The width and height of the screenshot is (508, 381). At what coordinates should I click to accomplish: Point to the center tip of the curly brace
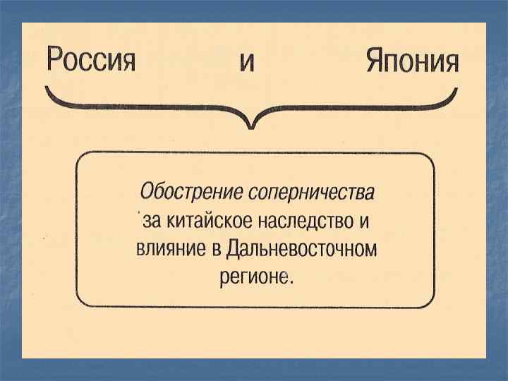pos(250,128)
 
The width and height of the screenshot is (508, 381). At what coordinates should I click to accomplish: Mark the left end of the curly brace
pos(47,90)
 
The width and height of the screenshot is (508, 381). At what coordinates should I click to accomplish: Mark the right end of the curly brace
pos(455,90)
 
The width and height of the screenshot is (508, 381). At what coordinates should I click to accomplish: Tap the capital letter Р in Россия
pos(54,59)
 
